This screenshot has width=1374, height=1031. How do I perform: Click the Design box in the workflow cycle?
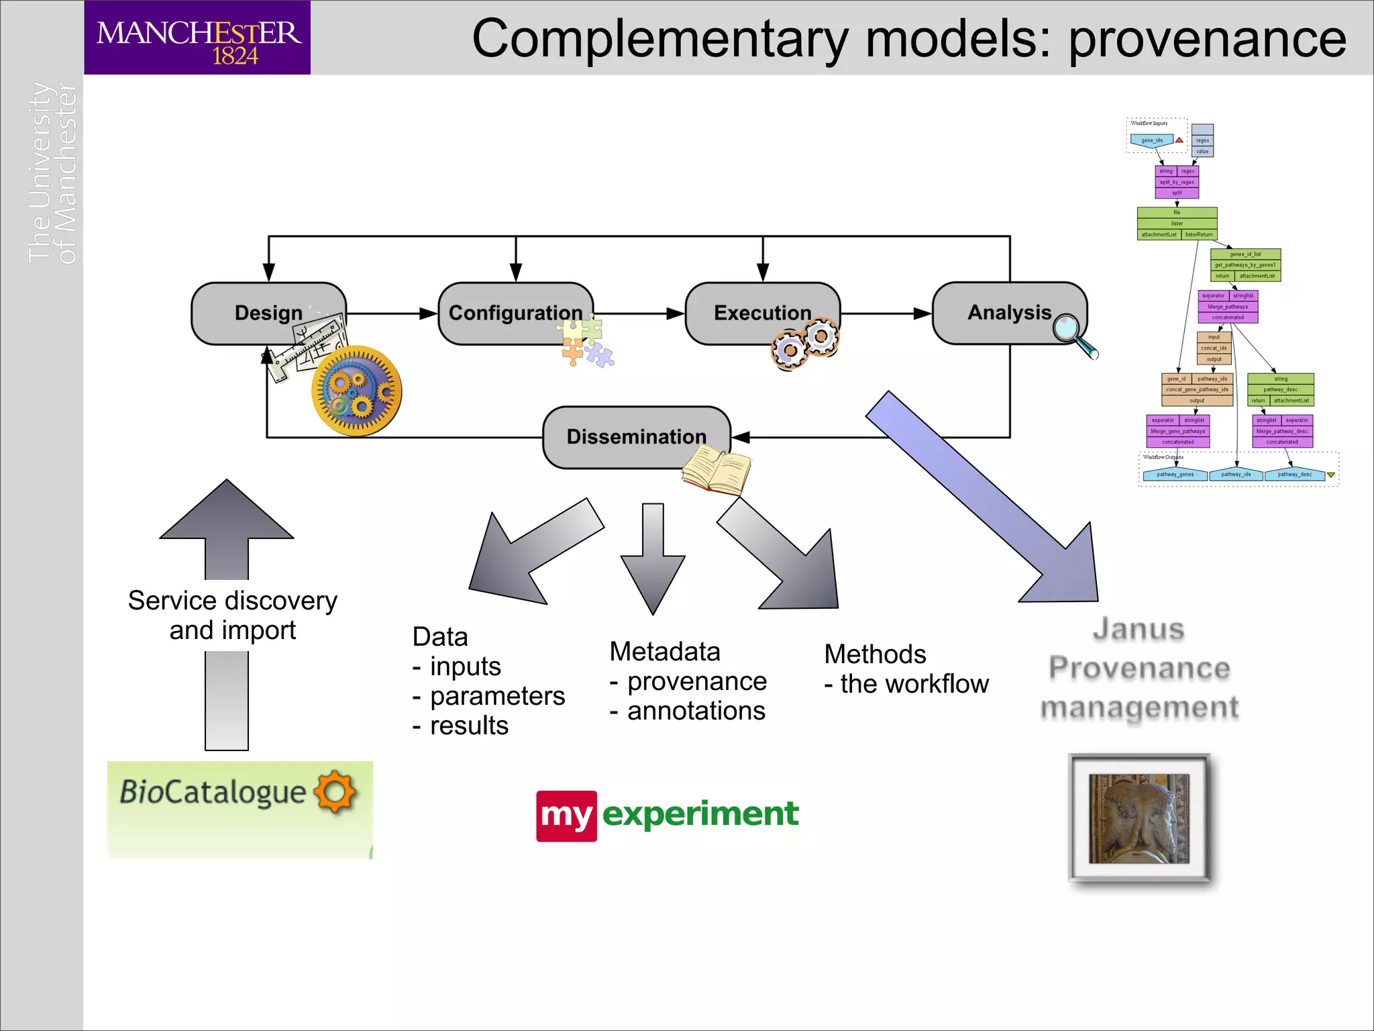(268, 313)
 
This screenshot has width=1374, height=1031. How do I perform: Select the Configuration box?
(515, 313)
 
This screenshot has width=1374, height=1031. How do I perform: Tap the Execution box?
(762, 313)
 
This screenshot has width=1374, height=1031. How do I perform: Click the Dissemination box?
(635, 436)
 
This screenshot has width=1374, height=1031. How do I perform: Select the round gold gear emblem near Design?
(356, 391)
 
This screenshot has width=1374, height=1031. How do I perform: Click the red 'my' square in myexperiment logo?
(566, 816)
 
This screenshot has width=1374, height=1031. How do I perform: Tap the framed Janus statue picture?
(1139, 818)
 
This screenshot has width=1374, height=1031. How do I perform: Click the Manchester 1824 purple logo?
(197, 38)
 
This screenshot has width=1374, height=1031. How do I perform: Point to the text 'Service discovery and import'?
(232, 615)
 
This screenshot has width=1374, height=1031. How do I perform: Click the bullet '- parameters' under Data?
(488, 696)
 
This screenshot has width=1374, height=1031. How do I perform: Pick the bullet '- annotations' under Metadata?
(687, 711)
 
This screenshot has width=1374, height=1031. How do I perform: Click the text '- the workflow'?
(906, 684)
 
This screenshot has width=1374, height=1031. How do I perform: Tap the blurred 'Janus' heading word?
(1139, 629)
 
